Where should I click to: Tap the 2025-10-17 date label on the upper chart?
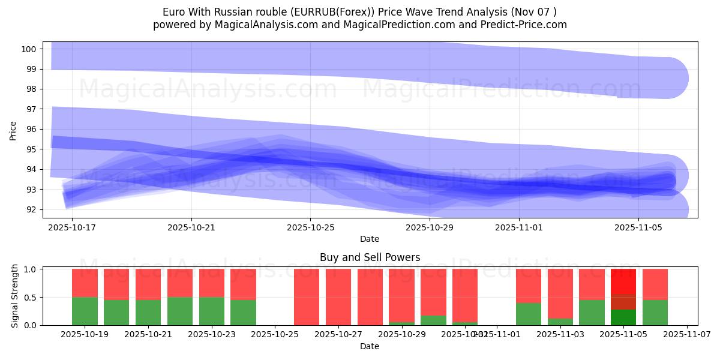72,227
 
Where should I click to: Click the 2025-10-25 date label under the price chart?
310,227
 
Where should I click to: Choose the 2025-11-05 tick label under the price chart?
638,227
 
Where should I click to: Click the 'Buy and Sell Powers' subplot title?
370,257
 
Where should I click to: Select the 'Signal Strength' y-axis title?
15,296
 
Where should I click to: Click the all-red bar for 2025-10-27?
338,297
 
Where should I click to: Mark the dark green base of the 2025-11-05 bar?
623,317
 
